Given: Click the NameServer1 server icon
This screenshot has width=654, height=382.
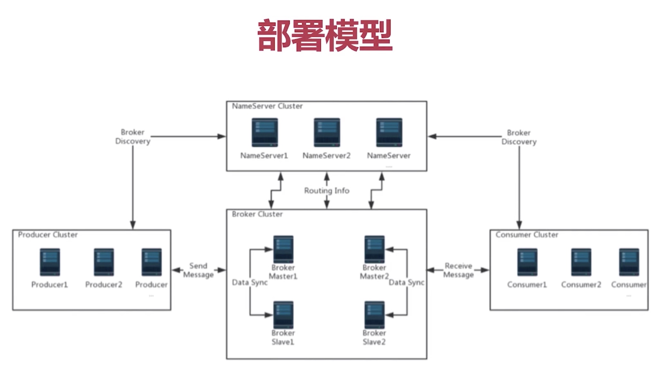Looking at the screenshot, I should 264,132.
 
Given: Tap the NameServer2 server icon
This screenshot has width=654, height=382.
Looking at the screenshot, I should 327,132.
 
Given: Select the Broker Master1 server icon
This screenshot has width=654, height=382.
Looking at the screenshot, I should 283,249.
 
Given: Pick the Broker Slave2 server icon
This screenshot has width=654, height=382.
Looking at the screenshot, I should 374,314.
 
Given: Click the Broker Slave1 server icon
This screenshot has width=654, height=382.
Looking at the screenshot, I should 283,314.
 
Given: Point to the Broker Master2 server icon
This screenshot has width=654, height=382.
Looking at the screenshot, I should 374,249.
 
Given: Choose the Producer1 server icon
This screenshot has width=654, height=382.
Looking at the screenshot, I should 50,262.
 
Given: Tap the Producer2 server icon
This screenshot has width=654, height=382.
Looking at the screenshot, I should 104,262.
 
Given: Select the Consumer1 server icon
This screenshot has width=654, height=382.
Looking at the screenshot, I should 527,262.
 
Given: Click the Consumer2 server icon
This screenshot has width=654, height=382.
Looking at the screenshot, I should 581,262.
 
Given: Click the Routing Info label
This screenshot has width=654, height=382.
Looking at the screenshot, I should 327,191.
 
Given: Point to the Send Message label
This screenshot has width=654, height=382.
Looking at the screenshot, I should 198,270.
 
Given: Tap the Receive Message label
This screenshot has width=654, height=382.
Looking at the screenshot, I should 459,270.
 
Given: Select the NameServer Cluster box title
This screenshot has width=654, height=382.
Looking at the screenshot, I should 267,106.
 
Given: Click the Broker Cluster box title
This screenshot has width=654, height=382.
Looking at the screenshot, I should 257,214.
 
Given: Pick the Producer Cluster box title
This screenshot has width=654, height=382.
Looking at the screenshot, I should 48,235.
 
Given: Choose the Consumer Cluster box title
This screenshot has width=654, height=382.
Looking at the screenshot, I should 527,235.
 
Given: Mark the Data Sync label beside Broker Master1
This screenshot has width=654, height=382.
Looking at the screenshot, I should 250,282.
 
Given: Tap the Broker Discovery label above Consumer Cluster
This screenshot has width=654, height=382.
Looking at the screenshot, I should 519,137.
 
